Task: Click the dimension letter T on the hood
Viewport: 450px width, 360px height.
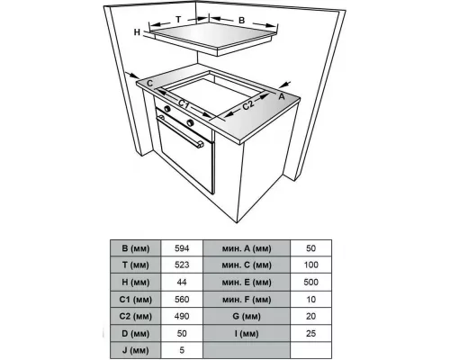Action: pyautogui.click(x=178, y=18)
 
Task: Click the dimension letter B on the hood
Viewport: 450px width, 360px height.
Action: pyautogui.click(x=241, y=19)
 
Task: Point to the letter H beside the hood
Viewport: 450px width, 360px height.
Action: pyautogui.click(x=138, y=32)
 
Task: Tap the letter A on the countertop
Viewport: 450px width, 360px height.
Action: pyautogui.click(x=282, y=94)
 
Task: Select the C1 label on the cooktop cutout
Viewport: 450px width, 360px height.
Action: pyautogui.click(x=183, y=104)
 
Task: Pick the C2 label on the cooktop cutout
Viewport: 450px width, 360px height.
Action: pyautogui.click(x=248, y=105)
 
